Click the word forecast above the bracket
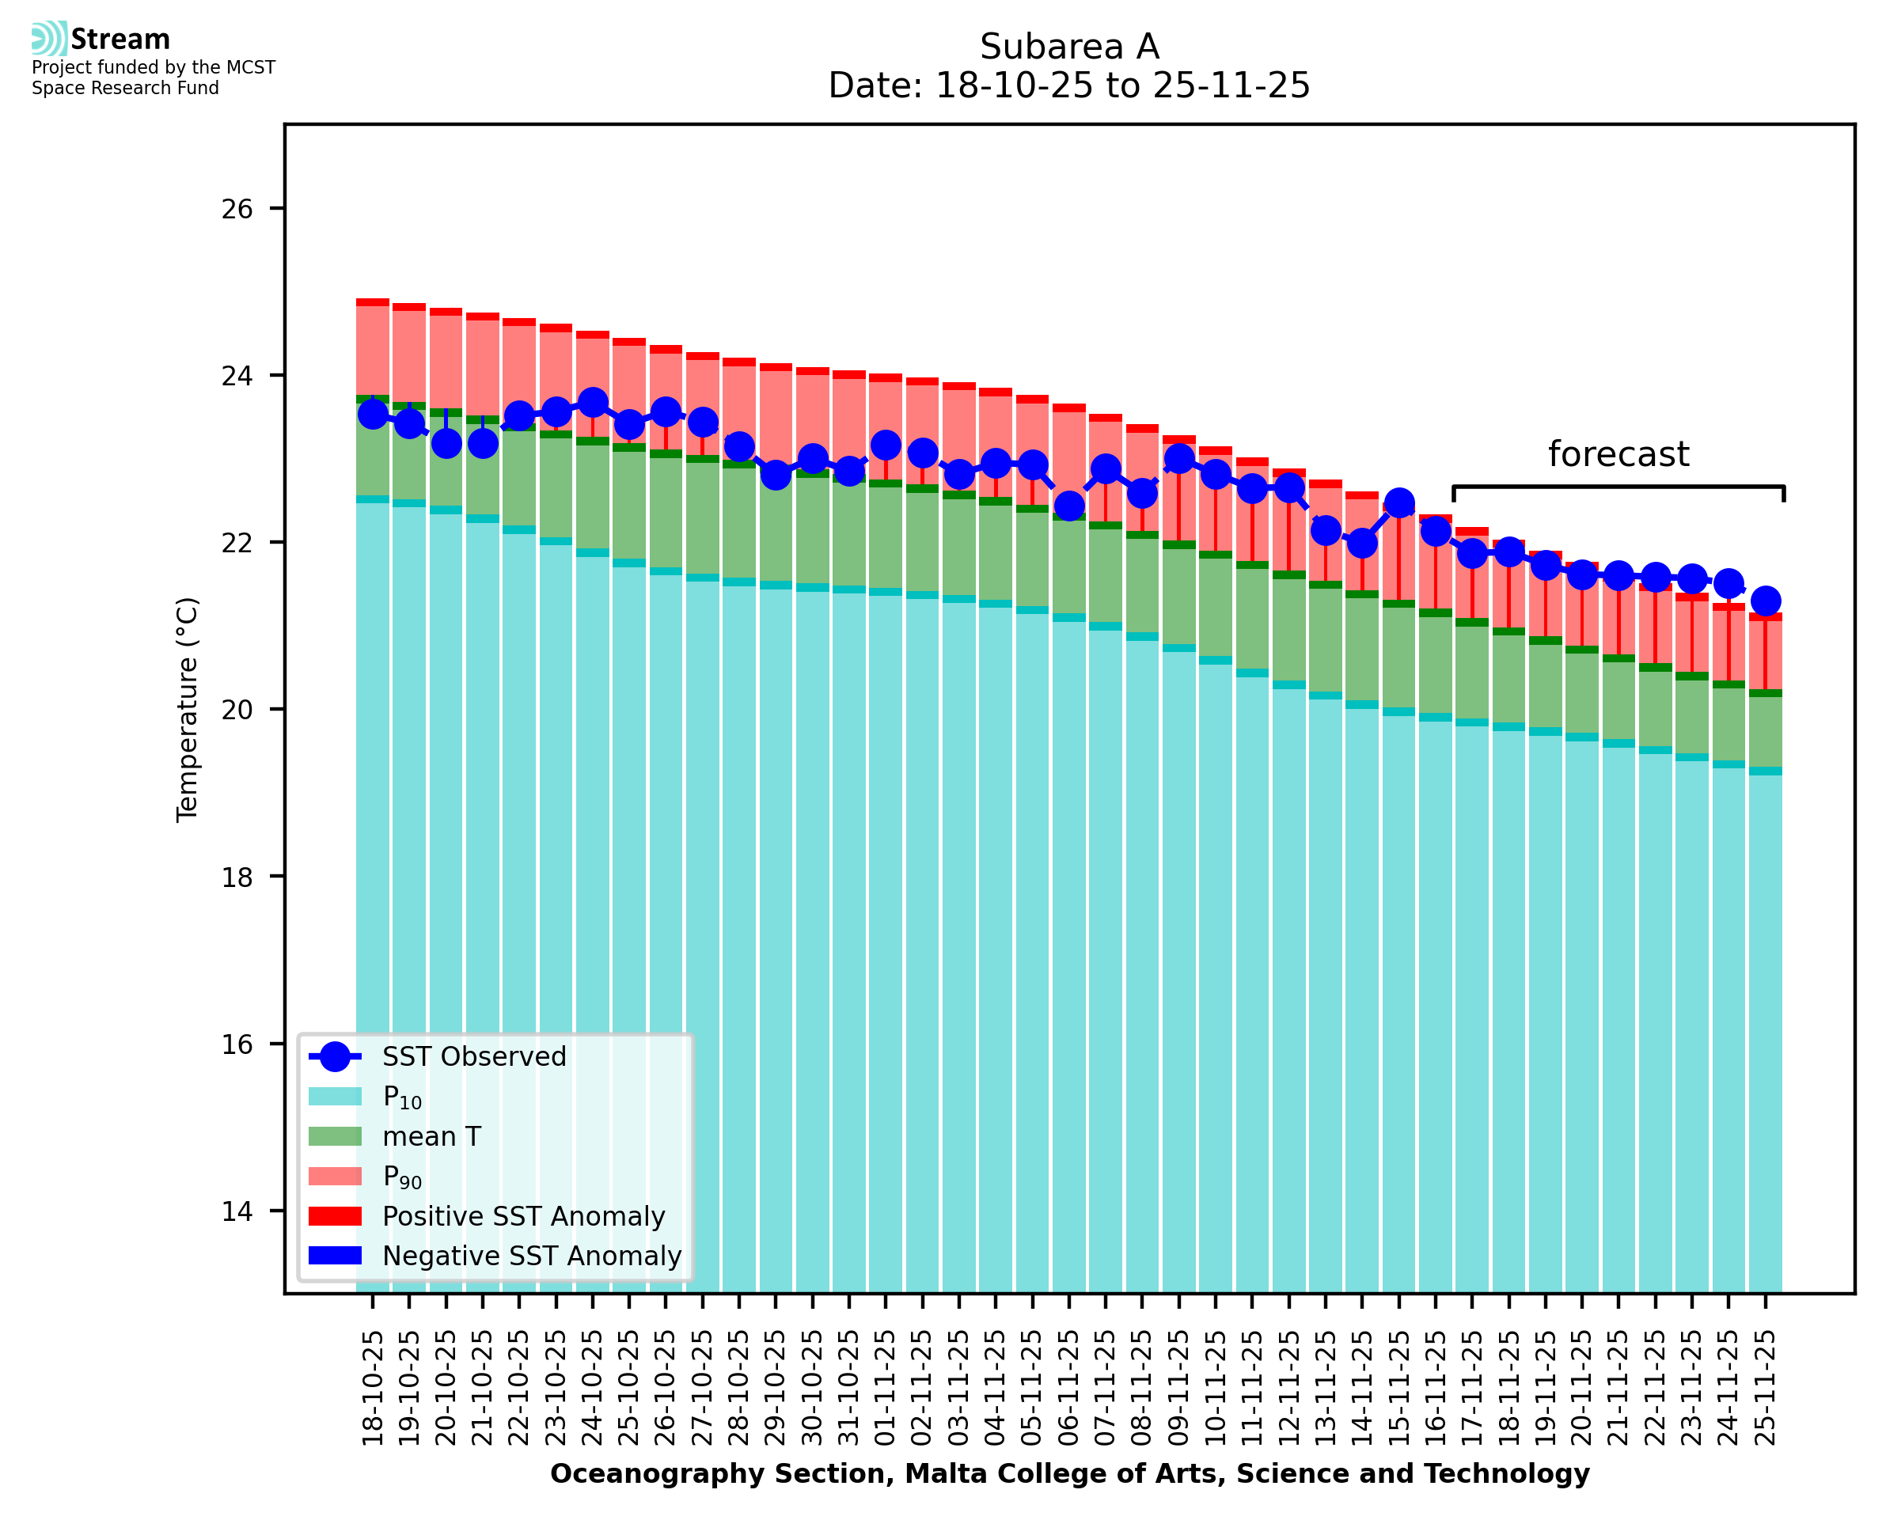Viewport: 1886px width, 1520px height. (x=1618, y=454)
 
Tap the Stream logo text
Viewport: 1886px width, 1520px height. (x=120, y=40)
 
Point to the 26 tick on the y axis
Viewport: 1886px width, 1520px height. (x=237, y=208)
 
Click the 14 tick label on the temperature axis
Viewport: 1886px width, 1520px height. (x=237, y=1211)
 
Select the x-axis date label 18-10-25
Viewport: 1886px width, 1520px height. (x=373, y=1388)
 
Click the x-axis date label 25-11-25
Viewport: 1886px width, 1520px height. (x=1765, y=1388)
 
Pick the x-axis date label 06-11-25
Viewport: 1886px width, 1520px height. (x=1069, y=1388)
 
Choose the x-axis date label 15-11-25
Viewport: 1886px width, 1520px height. (x=1399, y=1388)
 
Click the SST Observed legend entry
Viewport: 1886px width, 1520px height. (x=474, y=1057)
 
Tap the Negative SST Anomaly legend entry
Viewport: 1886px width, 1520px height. (x=532, y=1256)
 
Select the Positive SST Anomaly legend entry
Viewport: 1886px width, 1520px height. (x=524, y=1216)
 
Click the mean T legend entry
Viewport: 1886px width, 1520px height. (x=431, y=1136)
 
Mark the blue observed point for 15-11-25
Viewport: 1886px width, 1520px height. (x=1399, y=503)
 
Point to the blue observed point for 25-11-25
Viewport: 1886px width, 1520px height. (x=1765, y=601)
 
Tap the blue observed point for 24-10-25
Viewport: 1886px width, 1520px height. (x=593, y=403)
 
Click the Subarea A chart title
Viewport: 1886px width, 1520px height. (x=1069, y=47)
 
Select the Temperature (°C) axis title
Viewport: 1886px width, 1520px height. (x=188, y=709)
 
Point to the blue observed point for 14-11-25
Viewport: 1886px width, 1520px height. (x=1362, y=544)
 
